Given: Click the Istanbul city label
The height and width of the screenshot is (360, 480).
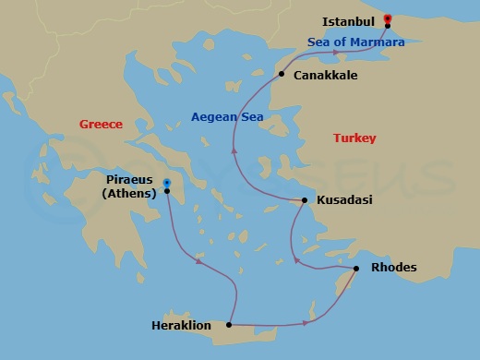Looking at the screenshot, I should pos(349,19).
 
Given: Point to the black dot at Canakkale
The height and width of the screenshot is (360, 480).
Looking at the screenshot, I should pos(282,74).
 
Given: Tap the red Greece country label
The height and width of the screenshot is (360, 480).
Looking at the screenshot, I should pos(101,124).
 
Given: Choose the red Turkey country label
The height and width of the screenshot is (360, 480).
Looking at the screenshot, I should pos(354,138).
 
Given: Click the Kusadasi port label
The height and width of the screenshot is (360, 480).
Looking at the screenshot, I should pos(344,199).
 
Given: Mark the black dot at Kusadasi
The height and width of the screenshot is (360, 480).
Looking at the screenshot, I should pos(306,200).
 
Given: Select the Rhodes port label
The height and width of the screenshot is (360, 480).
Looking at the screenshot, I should pos(393,268).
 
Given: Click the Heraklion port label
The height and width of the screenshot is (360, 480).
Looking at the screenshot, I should pos(181,325).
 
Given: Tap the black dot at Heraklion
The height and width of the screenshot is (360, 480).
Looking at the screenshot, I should pos(228,324).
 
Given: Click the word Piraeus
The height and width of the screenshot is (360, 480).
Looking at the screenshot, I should pos(129,181).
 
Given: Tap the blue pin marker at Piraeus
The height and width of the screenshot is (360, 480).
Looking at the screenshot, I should pos(166,183).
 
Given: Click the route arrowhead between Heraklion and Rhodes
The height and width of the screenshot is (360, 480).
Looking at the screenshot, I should pos(305,323).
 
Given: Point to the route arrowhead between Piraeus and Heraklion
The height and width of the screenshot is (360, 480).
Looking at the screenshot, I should pos(198,262).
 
